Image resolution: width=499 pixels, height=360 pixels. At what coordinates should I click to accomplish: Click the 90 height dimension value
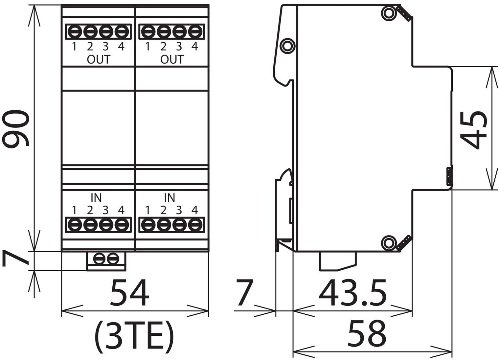tap(16, 128)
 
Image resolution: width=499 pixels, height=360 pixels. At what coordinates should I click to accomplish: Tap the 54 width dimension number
tap(130, 292)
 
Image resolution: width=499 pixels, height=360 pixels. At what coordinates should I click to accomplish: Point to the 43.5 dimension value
tap(353, 292)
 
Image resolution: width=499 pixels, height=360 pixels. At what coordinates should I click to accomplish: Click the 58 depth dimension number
tap(367, 333)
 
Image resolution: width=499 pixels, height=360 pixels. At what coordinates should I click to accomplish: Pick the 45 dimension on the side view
tap(473, 130)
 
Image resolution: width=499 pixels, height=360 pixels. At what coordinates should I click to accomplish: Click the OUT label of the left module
tap(98, 60)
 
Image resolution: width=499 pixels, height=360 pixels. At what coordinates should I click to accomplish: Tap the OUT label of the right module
tap(172, 60)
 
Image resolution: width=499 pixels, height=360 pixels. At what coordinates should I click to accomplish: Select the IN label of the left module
tap(96, 198)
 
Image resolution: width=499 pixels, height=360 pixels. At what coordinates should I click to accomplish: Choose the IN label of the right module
tap(170, 198)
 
